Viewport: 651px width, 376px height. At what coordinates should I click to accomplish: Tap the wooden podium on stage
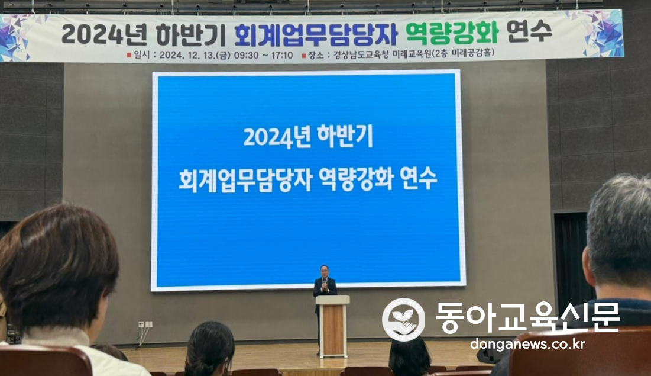pos(332,326)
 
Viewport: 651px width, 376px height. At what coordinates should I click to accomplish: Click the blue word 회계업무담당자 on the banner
pos(316,34)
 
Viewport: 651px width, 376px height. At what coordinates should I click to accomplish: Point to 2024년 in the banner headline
pos(104,34)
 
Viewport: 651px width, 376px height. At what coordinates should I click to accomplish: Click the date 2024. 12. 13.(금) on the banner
pos(195,55)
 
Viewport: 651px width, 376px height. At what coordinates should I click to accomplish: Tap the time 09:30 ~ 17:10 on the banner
pos(263,55)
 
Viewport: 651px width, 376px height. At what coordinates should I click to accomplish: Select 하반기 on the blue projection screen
pos(345,136)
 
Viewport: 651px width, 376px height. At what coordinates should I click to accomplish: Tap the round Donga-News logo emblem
pos(403,319)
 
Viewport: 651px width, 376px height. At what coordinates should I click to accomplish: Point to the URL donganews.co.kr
pos(527,344)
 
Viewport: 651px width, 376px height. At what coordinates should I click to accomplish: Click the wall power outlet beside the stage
pos(145,324)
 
